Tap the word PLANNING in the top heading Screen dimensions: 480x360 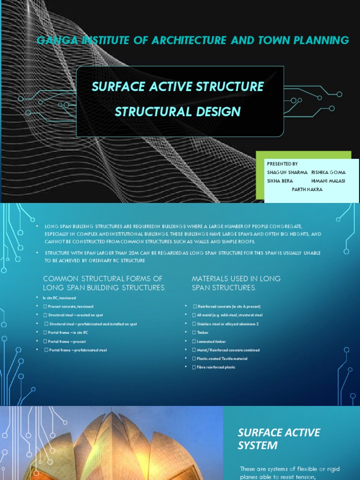pyautogui.click(x=321, y=40)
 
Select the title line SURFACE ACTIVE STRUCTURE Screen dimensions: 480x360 pyautogui.click(x=178, y=87)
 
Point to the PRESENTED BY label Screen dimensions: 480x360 pyautogui.click(x=282, y=164)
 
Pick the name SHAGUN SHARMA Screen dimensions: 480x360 pyautogui.click(x=287, y=172)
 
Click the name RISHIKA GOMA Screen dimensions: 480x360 pyautogui.click(x=329, y=172)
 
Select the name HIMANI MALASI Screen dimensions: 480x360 pyautogui.click(x=328, y=181)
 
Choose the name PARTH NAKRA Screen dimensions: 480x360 pyautogui.click(x=307, y=189)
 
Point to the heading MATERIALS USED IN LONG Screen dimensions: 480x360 pyautogui.click(x=236, y=278)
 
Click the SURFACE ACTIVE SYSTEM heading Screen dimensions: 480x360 pyautogui.click(x=272, y=438)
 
